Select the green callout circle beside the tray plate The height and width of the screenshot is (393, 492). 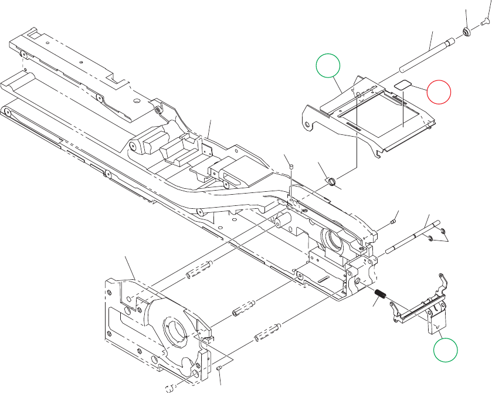tap(328, 65)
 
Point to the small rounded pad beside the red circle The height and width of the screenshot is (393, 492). tap(403, 84)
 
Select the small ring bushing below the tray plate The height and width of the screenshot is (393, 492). tap(332, 180)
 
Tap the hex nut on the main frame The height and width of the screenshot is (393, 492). tap(158, 109)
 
